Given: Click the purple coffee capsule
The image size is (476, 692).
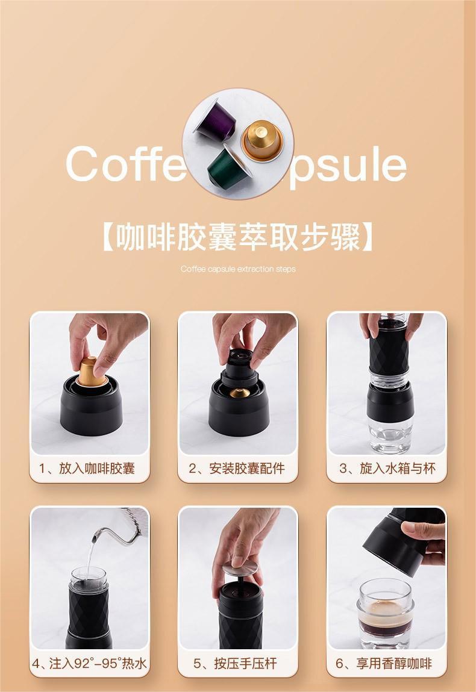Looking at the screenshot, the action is (216, 120).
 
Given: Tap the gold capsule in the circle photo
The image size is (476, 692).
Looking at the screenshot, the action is (262, 140).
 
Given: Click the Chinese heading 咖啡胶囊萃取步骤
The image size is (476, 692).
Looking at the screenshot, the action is (238, 237).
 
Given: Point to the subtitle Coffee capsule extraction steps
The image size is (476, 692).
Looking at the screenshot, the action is (238, 269).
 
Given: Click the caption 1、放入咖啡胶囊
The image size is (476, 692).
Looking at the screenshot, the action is (87, 468).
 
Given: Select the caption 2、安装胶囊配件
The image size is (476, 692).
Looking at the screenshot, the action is (237, 468).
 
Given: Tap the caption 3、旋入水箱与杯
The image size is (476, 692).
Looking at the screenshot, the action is (387, 468).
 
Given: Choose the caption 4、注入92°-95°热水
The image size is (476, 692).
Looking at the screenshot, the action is (90, 663).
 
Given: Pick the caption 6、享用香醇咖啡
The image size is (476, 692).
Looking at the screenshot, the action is (384, 663).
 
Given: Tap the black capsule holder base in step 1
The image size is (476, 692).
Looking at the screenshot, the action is (92, 406).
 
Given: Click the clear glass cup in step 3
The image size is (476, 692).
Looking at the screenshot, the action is (390, 430).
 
